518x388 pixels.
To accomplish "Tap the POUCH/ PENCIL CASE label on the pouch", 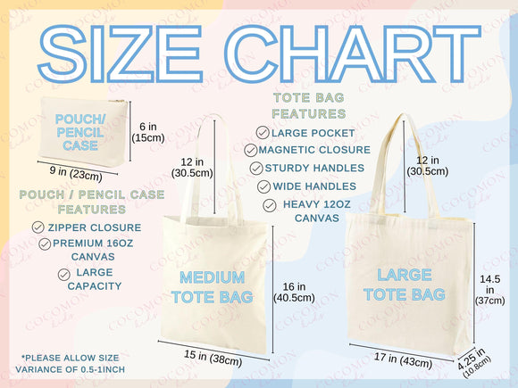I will [80, 132].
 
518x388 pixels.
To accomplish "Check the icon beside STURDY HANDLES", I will [256, 168].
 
